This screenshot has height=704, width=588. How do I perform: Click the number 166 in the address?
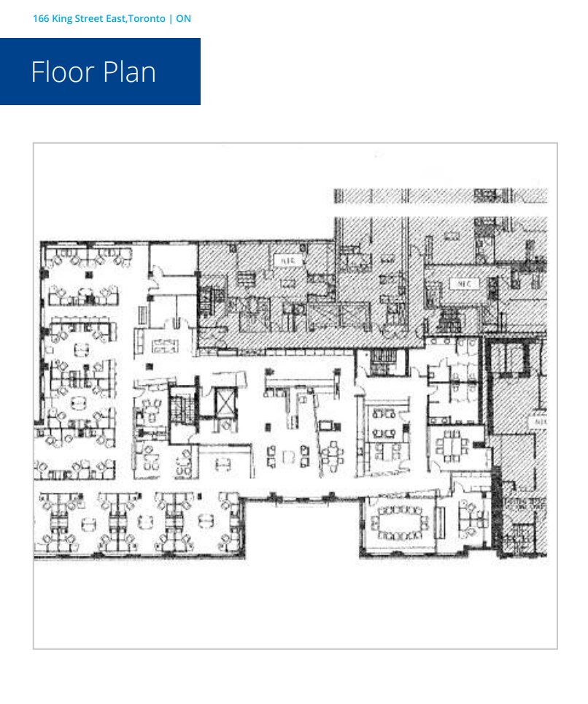42,18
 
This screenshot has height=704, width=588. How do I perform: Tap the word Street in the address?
93,18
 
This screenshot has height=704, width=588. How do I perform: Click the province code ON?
184,18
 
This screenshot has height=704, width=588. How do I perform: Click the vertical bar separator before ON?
171,18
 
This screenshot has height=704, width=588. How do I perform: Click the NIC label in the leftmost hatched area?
282,259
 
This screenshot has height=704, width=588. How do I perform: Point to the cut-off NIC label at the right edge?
540,422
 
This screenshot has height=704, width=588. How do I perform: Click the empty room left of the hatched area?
173,266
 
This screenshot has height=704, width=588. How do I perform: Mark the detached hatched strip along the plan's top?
440,196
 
